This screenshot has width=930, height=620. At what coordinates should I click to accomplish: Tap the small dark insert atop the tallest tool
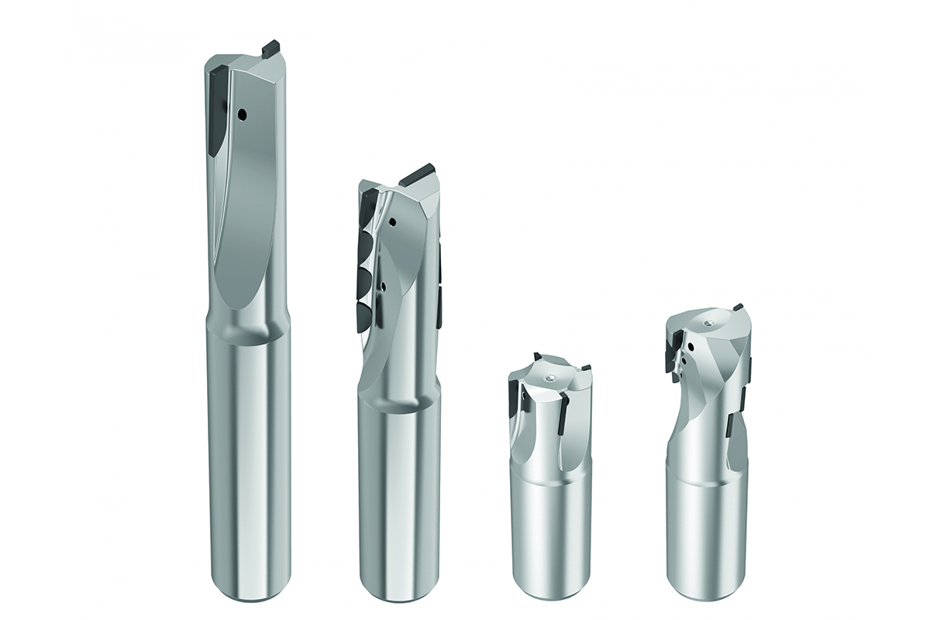(x=271, y=48)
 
